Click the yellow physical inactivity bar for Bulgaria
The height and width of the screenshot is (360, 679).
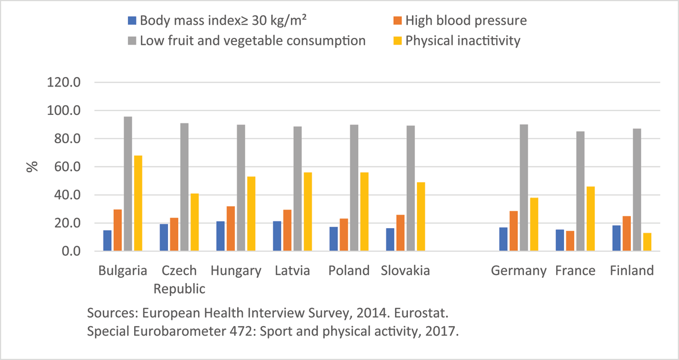point(138,203)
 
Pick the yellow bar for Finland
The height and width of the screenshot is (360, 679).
point(647,242)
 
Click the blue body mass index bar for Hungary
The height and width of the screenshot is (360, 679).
point(221,236)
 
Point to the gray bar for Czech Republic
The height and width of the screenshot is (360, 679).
point(184,187)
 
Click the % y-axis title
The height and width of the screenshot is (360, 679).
point(33,166)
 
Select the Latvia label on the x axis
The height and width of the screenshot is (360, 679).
point(293,271)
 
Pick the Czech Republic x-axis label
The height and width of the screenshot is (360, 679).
point(179,279)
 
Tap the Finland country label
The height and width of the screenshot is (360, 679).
point(631,271)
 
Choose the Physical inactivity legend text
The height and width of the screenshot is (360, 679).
point(463,41)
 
